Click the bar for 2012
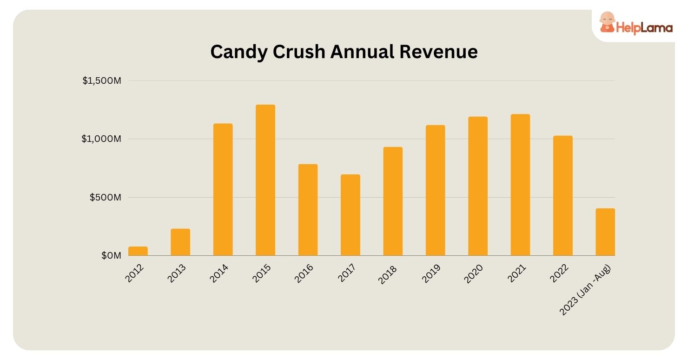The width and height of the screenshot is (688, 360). click(138, 251)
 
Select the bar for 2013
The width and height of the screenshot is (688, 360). click(180, 242)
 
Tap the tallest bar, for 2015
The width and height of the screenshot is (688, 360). click(265, 180)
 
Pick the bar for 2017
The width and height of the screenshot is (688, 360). click(350, 215)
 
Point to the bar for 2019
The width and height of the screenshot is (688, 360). click(435, 191)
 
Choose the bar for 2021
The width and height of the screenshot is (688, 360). click(520, 185)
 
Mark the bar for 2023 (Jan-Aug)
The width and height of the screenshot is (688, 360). click(605, 232)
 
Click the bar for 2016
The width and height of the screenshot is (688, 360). click(308, 210)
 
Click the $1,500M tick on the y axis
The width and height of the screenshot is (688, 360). click(102, 81)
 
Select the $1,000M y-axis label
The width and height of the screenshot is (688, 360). click(102, 139)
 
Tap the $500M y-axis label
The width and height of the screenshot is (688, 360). click(106, 197)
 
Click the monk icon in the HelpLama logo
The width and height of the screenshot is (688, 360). click(606, 22)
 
